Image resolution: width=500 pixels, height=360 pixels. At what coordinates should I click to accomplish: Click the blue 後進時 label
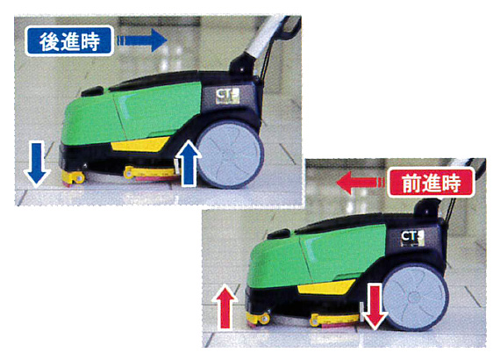click(69, 41)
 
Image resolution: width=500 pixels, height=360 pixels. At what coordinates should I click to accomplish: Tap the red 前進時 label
click(431, 183)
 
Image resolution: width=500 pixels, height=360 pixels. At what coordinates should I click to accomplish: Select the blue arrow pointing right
click(142, 40)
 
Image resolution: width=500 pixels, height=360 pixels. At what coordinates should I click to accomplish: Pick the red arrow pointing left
click(361, 183)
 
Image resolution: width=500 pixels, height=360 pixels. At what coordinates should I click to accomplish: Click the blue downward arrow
click(37, 163)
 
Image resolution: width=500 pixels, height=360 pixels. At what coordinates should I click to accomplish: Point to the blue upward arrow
click(189, 162)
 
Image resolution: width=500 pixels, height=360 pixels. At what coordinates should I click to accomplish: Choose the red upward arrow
click(225, 306)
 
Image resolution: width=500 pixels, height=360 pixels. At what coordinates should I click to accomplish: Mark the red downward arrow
click(375, 307)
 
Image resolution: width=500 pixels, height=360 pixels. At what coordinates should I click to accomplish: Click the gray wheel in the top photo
click(230, 155)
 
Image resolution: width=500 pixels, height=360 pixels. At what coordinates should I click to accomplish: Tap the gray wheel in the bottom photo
click(415, 297)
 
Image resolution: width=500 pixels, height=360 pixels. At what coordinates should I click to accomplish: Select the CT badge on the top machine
click(227, 95)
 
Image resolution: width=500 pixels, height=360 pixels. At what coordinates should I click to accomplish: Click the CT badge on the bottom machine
click(412, 238)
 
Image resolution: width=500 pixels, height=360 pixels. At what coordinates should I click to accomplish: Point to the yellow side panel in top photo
click(140, 145)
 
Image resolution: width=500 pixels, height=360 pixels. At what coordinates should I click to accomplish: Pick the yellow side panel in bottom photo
click(326, 287)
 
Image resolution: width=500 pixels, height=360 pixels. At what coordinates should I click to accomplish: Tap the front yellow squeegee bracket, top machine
click(73, 177)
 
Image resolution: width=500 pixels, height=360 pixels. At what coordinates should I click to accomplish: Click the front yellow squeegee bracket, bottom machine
click(258, 319)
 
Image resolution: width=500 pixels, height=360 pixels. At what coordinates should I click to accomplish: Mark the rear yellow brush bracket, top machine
click(150, 172)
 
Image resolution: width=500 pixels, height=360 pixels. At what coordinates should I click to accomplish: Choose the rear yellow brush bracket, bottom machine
click(335, 320)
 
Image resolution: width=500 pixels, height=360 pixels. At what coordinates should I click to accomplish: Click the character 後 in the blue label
click(49, 41)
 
